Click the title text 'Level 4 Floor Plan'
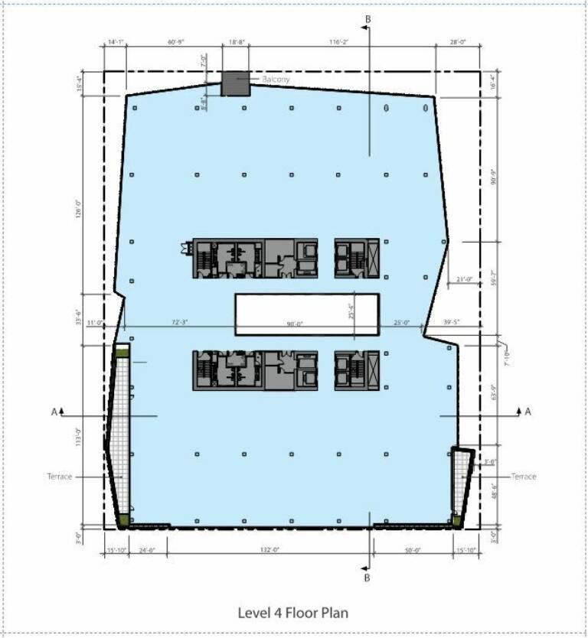293,613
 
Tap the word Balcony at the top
276,79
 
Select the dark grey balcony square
236,84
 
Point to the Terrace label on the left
59,477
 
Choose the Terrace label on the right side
524,477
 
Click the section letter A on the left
54,412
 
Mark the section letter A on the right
528,412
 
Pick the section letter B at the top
367,18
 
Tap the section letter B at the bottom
367,578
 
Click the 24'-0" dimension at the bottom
147,549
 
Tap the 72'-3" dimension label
178,324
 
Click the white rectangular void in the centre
306,314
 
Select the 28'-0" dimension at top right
458,43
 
